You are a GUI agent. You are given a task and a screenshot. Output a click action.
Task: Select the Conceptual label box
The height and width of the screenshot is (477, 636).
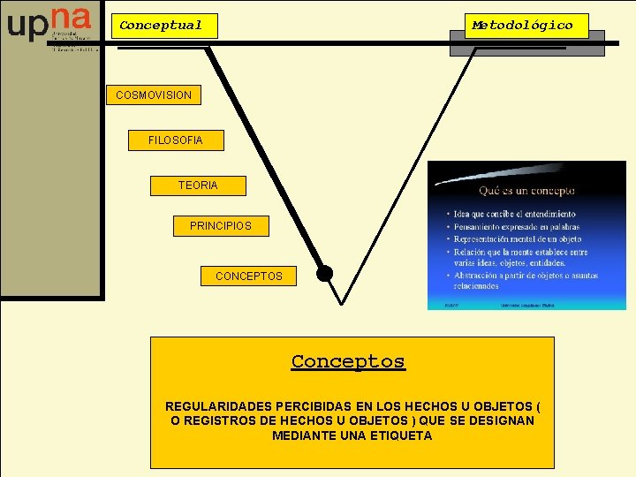click(x=162, y=26)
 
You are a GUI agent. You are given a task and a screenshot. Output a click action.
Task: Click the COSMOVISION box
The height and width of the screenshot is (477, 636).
click(x=154, y=95)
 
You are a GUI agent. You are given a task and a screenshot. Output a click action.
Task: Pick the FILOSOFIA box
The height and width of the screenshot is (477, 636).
click(x=175, y=140)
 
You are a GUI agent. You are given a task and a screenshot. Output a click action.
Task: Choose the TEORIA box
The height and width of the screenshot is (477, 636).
click(x=198, y=185)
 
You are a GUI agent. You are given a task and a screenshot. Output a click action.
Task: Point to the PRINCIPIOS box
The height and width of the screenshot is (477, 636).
click(x=221, y=226)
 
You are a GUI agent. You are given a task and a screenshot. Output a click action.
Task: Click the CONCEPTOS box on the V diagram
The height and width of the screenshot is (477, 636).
click(x=249, y=276)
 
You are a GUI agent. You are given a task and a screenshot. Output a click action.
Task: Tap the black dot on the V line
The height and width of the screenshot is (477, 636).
click(x=325, y=273)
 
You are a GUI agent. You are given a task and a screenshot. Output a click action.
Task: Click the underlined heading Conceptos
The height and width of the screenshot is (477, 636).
click(x=348, y=361)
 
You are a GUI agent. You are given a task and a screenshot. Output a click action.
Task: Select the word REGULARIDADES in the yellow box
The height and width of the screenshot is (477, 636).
click(x=210, y=406)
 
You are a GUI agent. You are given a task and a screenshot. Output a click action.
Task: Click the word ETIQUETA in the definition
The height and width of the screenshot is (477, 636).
click(x=403, y=435)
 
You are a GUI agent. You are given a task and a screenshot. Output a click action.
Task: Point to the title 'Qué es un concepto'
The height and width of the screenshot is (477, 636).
click(x=526, y=190)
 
